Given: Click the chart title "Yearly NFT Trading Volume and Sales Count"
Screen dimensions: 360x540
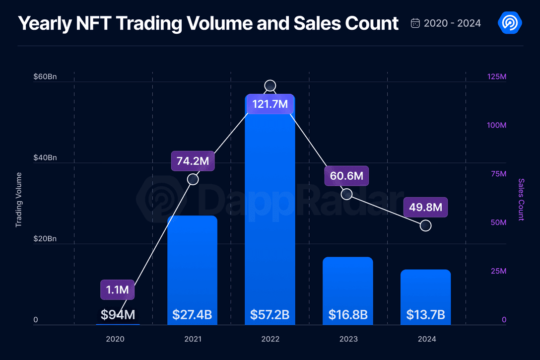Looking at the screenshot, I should tap(208, 23).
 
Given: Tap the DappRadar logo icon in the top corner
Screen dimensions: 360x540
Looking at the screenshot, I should tap(509, 23).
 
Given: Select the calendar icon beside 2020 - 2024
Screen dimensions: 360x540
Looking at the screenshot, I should tap(415, 23).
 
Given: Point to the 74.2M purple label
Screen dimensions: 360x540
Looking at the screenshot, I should tap(193, 161).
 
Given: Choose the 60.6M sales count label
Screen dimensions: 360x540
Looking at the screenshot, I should tap(346, 175).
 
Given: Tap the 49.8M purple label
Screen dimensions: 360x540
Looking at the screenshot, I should tap(425, 207).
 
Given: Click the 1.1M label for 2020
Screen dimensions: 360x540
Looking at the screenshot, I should tap(118, 289).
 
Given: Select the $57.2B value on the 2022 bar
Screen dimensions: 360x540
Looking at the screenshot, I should tap(270, 314).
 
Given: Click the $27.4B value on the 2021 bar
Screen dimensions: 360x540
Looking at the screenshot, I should tap(192, 314).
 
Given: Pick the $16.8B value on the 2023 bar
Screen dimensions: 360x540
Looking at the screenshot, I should tap(347, 314).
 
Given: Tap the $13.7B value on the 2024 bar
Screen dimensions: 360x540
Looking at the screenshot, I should tap(425, 314).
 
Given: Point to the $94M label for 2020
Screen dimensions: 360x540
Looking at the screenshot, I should tap(118, 314).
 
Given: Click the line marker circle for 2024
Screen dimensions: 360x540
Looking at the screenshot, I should tap(425, 225).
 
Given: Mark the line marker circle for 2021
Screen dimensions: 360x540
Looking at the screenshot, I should tap(193, 179).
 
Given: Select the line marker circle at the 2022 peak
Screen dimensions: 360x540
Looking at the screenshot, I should tap(270, 86).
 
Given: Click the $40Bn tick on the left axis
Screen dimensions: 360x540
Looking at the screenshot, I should tap(45, 158).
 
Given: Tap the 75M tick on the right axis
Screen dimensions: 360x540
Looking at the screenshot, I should tap(498, 174).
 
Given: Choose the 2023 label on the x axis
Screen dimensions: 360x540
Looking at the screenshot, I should tap(347, 339).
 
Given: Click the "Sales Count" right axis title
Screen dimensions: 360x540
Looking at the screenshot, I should tap(521, 199).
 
